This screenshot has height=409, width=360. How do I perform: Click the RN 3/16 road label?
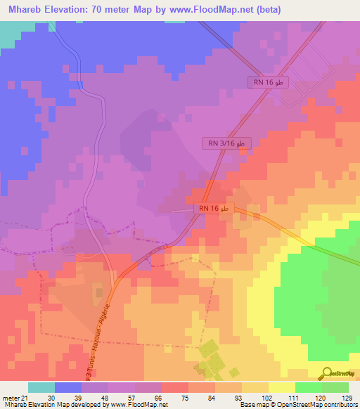tap(226, 143)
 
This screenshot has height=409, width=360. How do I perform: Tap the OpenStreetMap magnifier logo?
tap(328, 372)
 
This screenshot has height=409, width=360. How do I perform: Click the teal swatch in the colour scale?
tap(41, 387)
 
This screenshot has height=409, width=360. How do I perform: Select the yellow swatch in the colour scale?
tap(281, 387)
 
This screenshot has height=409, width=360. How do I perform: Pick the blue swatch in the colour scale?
tap(67, 387)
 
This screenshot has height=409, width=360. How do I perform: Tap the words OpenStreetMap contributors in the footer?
tap(317, 405)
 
